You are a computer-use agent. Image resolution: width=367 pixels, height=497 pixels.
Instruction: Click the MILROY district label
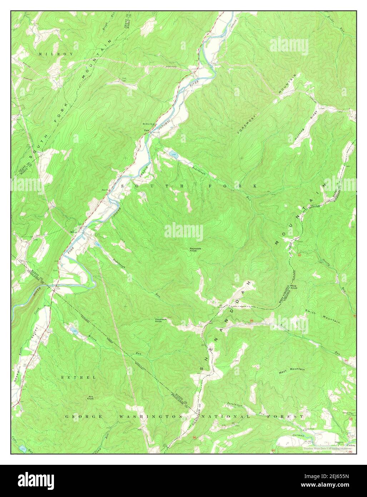[x=56, y=54]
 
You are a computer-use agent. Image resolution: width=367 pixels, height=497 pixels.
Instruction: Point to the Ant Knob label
[x=91, y=397]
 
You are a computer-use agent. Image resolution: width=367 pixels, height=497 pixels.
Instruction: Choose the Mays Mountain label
[x=292, y=369]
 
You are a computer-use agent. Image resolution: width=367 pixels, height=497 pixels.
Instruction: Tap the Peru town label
[x=146, y=130]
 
